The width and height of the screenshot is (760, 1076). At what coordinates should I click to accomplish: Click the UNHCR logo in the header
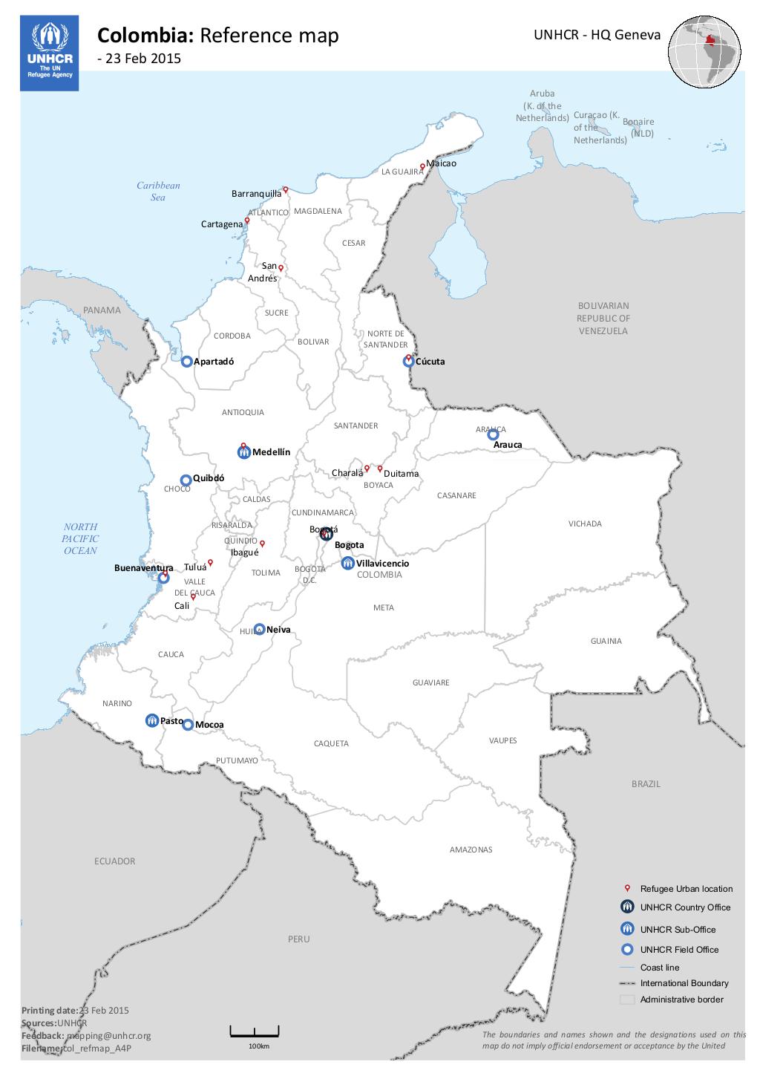point(50,55)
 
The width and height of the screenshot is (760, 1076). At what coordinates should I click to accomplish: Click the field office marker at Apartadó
point(187,361)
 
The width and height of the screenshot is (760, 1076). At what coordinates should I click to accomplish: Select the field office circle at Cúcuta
point(408,362)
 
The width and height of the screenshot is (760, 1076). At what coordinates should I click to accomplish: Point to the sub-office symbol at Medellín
point(243,452)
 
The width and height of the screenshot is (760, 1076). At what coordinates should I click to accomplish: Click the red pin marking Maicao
point(422,166)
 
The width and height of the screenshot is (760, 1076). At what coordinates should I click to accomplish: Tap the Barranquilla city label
point(256,194)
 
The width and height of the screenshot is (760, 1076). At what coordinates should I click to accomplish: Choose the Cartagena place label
point(222,224)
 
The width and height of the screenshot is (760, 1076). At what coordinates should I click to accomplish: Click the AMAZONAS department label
point(471,850)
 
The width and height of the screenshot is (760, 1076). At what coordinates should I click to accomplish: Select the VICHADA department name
point(585,524)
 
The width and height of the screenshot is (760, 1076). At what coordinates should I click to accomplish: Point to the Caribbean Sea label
point(158,192)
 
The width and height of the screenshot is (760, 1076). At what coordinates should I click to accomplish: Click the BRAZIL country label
point(645,784)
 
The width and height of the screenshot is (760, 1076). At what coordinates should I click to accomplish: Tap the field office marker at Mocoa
point(188,725)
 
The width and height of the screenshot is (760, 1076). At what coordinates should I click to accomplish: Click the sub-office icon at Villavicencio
point(347,564)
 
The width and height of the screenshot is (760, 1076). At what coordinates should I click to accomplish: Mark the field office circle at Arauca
point(492,435)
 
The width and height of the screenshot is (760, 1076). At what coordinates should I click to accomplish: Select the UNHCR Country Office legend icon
point(628,907)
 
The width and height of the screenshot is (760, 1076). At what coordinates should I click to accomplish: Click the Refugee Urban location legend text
point(686,889)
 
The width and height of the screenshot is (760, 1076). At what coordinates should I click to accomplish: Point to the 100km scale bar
point(255,1031)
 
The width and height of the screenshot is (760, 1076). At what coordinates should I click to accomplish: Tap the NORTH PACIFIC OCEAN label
point(79,538)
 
